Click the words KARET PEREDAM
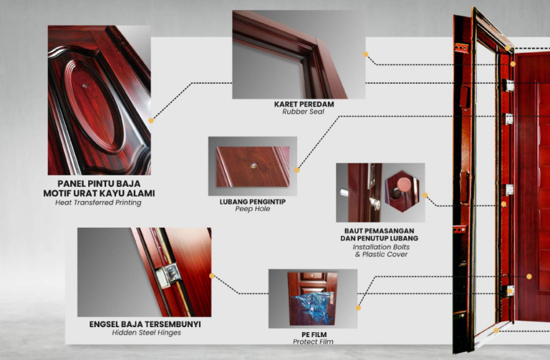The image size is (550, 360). tap(304, 104)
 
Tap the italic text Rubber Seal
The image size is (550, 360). tap(303, 112)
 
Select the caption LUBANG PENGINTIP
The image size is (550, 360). tap(253, 202)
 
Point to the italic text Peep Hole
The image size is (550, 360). tap(253, 209)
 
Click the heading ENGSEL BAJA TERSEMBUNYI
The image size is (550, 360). tap(145, 324)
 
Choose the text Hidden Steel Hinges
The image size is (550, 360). tap(146, 333)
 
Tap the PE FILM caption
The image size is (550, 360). tap(314, 335)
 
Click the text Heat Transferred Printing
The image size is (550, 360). tap(98, 203)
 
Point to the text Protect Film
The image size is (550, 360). tap(313, 341)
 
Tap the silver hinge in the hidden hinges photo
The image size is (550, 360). tap(168, 275)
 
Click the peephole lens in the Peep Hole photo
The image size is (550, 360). tap(254, 165)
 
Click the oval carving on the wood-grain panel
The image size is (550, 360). tap(93, 106)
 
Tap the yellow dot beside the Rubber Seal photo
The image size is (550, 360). tap(365, 54)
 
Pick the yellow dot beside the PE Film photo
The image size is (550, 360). tap(358, 308)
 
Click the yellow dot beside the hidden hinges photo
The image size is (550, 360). tap(212, 276)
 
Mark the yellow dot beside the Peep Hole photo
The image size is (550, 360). tap(297, 170)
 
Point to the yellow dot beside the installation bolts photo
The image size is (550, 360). tap(425, 195)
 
